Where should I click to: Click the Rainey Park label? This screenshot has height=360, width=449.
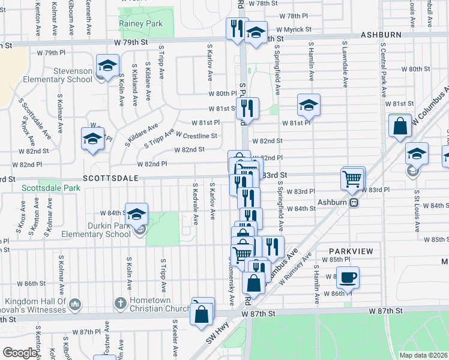point(141,24)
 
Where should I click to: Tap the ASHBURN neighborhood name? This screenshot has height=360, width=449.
point(381,35)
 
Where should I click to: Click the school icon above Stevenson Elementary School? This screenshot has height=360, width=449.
point(107,67)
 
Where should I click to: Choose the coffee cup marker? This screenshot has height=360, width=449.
point(348,277)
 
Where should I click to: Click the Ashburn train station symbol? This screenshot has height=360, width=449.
point(354,202)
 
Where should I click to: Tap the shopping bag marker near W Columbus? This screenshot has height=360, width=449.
point(400,127)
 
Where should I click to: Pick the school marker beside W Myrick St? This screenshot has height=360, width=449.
point(256,34)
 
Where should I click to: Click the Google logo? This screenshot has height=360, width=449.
point(20,353)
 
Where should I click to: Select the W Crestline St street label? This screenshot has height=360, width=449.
point(196,136)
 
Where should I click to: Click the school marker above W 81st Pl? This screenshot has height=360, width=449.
point(309,106)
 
